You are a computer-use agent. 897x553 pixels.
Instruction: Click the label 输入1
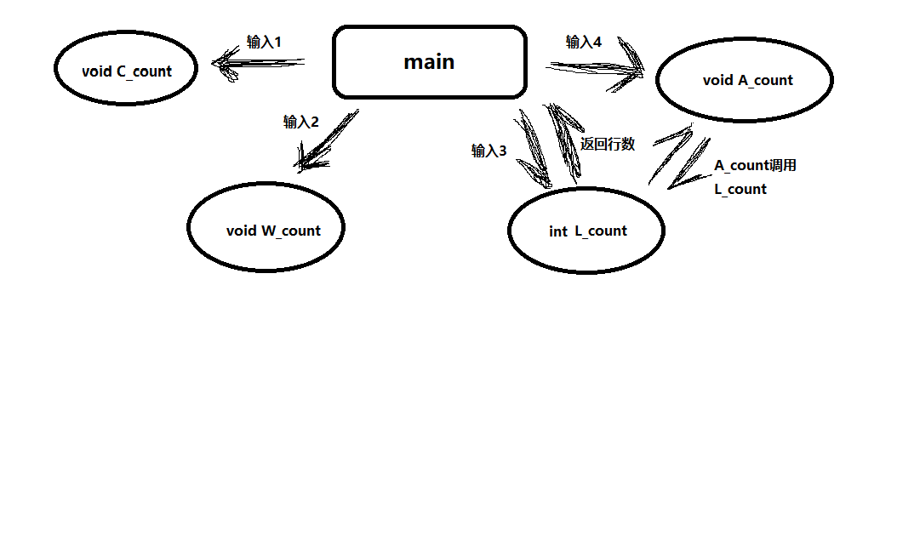264,42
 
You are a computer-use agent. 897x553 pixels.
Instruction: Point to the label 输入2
300,122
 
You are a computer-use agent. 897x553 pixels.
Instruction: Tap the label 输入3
488,151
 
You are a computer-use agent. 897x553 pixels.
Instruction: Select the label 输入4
584,42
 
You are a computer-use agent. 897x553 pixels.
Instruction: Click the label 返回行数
608,144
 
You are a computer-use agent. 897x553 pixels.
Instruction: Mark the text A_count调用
755,166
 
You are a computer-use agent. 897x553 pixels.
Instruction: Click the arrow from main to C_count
260,62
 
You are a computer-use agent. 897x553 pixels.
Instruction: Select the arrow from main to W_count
328,140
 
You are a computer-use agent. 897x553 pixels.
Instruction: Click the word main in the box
429,62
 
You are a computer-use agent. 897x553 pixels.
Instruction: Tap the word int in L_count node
558,231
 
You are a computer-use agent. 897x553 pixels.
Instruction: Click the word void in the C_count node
97,71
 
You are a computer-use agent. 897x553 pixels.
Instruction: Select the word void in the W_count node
242,231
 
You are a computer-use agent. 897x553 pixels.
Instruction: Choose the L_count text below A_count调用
740,189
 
